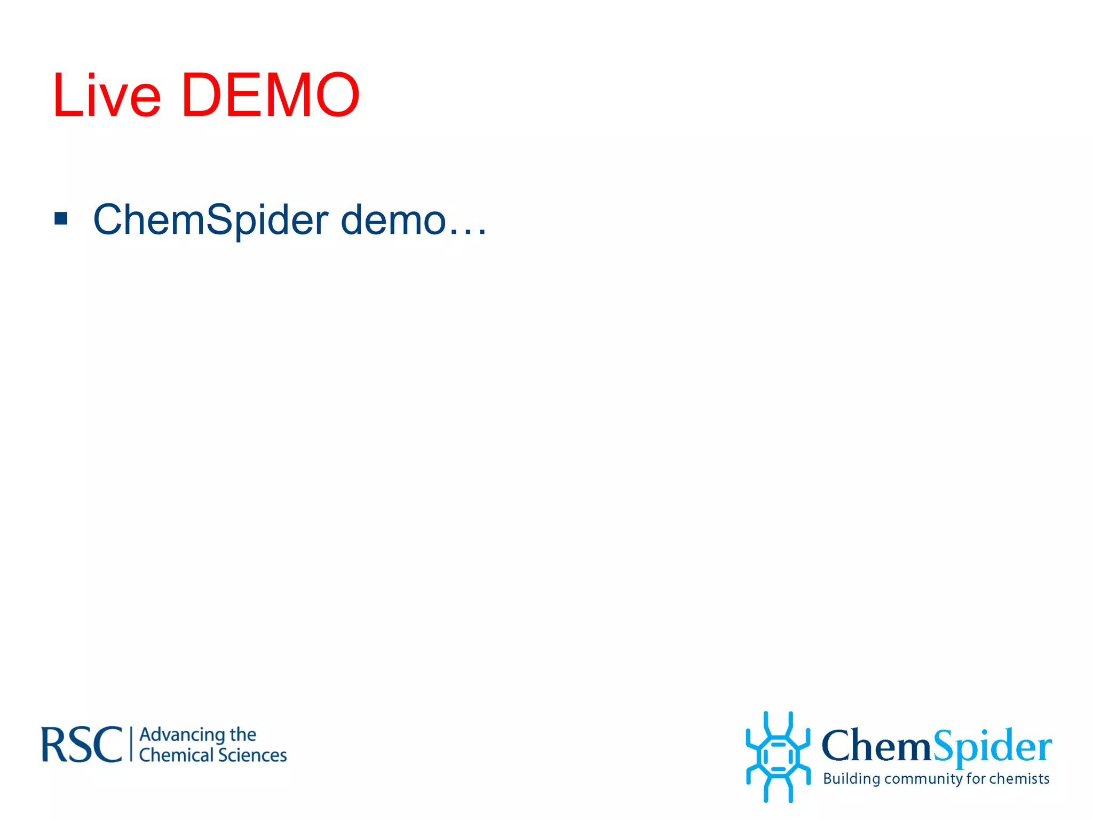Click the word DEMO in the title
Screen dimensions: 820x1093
[x=271, y=96]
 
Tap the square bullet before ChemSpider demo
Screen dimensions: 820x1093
[x=61, y=218]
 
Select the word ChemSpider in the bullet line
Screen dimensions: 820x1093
[x=210, y=220]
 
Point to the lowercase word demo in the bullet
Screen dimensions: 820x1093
[x=393, y=220]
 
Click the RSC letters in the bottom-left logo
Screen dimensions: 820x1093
[x=82, y=745]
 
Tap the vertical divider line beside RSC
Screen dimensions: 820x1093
[x=131, y=744]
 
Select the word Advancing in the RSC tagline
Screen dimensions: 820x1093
[x=181, y=736]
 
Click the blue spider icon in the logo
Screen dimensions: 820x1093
[x=778, y=756]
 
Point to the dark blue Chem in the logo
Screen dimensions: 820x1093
[x=876, y=745]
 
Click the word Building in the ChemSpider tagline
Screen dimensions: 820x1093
[x=851, y=779]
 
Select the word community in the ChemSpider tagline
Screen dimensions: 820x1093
[x=923, y=779]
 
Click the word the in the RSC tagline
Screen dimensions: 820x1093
[x=243, y=735]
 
